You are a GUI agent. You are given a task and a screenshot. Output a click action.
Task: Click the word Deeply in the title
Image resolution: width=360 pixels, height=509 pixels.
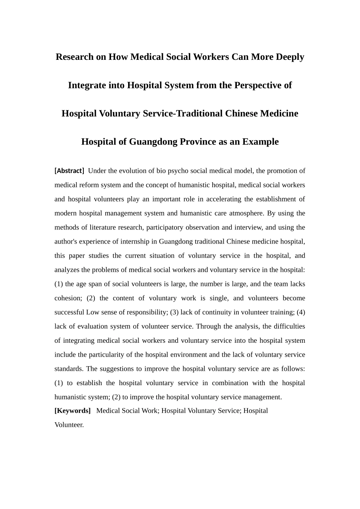pos(290,57)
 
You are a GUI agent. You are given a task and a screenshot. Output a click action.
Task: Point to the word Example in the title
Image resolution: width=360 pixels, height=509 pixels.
pos(260,142)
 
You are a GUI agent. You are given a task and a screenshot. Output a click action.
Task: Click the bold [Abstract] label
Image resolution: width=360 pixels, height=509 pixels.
pos(69,170)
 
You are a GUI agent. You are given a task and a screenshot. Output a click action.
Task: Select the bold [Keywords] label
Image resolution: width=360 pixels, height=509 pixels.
pos(72,411)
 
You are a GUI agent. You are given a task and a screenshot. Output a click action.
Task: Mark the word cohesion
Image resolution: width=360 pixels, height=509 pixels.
pos(68,298)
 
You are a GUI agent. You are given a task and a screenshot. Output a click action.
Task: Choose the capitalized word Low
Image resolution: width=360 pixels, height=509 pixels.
pos(92,312)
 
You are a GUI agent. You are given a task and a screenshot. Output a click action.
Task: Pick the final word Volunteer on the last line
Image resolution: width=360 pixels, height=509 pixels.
pos(69,425)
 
